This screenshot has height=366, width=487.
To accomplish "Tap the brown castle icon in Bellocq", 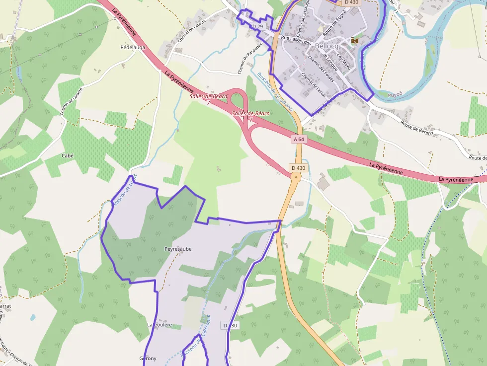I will pyautogui.click(x=354, y=40).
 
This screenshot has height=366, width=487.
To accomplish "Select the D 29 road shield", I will pyautogui.click(x=257, y=26).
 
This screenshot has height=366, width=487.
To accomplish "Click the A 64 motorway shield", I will pyautogui.click(x=298, y=140).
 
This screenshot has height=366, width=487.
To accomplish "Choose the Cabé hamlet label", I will pyautogui.click(x=67, y=155).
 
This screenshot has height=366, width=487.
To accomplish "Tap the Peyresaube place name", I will pyautogui.click(x=178, y=249).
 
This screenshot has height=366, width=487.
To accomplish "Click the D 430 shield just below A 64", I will pyautogui.click(x=298, y=168).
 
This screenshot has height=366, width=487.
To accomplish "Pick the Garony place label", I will pyautogui.click(x=148, y=359).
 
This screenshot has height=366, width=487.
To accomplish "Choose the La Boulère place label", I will pyautogui.click(x=160, y=325).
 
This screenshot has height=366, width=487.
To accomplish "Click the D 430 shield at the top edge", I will pyautogui.click(x=351, y=2).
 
